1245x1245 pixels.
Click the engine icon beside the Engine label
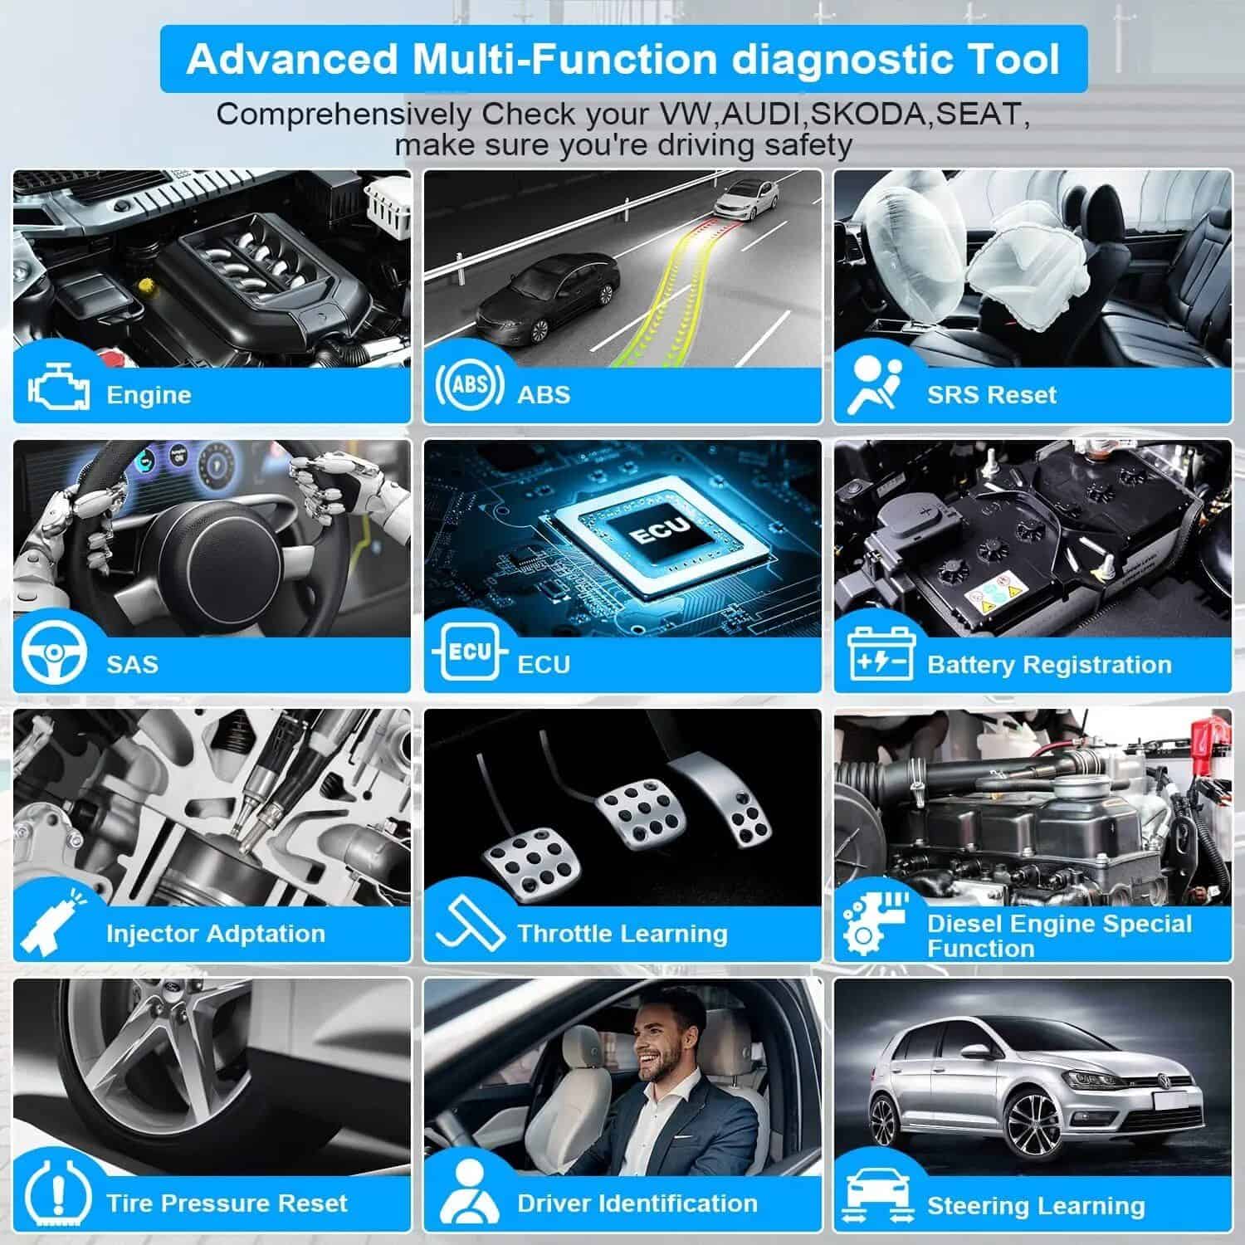[59, 388]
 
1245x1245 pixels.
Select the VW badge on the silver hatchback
[1161, 1081]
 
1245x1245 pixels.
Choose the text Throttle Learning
[622, 934]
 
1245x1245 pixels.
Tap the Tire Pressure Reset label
[227, 1203]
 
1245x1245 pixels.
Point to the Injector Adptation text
[216, 934]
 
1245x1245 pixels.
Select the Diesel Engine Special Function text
[1059, 935]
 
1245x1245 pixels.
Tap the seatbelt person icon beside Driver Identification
[469, 1193]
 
